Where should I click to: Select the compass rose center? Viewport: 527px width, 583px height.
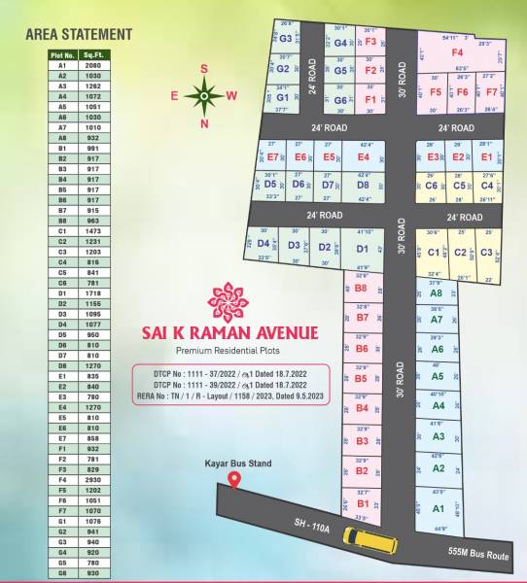204,95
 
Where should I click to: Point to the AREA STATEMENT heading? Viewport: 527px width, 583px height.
77,34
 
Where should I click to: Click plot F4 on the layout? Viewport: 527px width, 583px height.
457,52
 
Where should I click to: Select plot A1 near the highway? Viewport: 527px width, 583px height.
438,509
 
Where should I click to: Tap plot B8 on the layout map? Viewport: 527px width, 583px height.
361,289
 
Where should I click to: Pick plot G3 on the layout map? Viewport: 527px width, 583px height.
286,40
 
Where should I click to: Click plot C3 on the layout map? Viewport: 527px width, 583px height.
485,253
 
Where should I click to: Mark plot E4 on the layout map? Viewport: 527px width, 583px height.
363,157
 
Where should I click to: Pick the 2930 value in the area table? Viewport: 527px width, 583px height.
94,480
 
